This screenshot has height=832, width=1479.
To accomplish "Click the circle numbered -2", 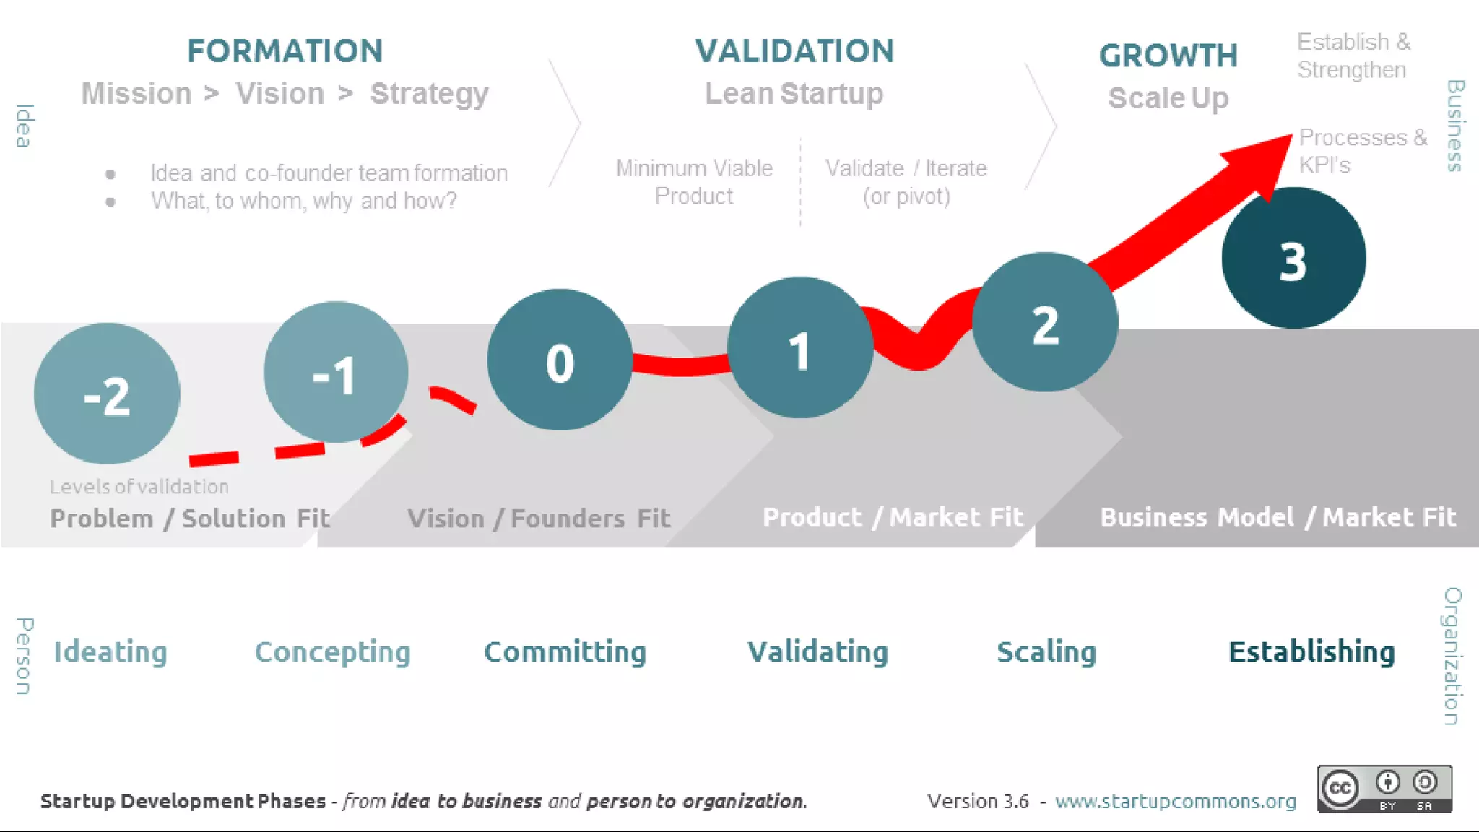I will [107, 394].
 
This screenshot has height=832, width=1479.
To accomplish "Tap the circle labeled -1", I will [336, 372].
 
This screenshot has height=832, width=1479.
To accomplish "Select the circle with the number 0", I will [560, 360].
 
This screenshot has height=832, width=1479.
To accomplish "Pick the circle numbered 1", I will [799, 347].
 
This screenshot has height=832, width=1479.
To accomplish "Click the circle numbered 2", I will [1045, 322].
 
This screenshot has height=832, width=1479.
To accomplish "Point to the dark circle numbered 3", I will [1293, 258].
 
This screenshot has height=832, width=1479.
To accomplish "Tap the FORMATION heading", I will [285, 51].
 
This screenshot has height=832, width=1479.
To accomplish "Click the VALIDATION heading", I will [794, 51].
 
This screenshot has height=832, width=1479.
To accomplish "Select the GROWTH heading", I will [1168, 56].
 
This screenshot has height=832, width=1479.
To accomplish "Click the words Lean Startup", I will [794, 94].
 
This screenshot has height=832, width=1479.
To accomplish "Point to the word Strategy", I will [429, 94].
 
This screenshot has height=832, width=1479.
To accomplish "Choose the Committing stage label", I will [565, 651].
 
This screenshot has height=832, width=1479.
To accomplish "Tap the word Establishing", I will [1311, 651].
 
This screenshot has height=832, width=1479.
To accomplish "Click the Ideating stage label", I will [110, 651].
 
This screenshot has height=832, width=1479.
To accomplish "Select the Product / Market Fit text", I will [893, 517].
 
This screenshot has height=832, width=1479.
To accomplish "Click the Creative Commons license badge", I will [1384, 789].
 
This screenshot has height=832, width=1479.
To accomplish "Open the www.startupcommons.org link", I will [1175, 801].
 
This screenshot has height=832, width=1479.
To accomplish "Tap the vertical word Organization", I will [1452, 656].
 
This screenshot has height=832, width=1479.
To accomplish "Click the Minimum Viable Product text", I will [694, 182].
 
